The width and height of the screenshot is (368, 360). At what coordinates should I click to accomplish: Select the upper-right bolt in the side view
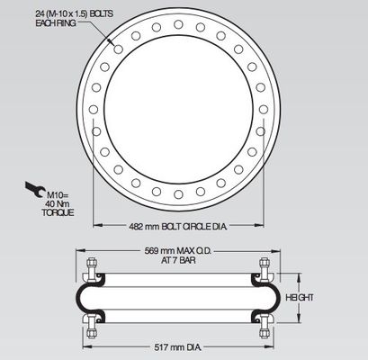[x=265, y=268]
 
